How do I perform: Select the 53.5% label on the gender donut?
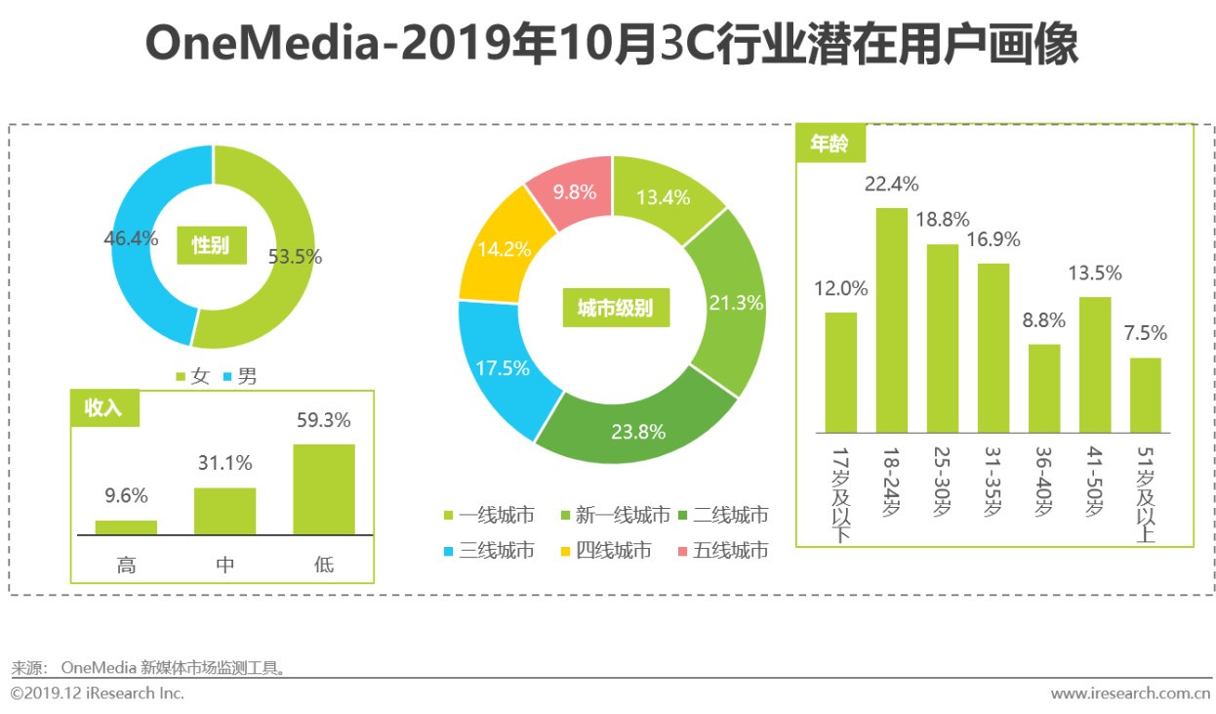coord(295,257)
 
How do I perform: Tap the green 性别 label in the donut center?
coord(211,244)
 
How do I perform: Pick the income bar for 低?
coord(323,489)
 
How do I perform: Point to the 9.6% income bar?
coord(126,527)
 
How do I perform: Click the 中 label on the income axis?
coord(224,564)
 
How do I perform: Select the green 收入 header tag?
coord(104,408)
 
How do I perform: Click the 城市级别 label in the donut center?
coord(614,309)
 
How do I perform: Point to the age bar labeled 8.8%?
coord(1044,388)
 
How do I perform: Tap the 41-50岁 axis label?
coord(1096,483)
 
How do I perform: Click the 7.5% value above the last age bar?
coord(1145,333)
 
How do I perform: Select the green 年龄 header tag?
coord(830,144)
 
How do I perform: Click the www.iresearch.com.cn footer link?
coord(1129,693)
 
